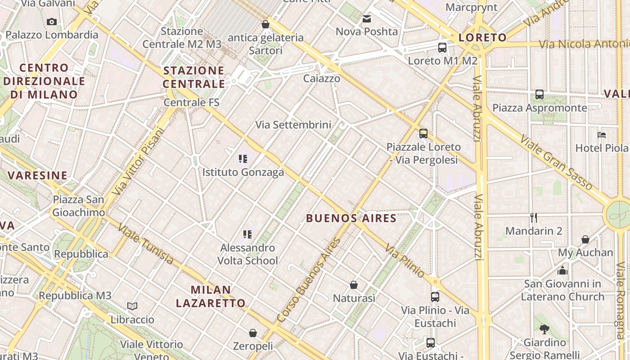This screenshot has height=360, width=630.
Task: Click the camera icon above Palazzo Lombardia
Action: coord(52,22)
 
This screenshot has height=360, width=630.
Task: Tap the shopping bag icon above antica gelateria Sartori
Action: coord(265,24)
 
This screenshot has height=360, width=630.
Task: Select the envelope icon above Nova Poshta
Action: coord(367,19)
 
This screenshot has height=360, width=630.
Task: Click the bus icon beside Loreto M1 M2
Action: coord(442,47)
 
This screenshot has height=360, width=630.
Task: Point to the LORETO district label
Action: coord(482,37)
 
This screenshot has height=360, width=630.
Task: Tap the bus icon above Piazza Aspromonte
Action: coord(540,94)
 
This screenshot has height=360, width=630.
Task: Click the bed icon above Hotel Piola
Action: coord(602,135)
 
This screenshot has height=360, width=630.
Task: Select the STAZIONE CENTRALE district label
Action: coord(193,77)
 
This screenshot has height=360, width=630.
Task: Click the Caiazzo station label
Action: coord(321,78)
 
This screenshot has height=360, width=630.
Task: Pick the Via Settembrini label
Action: coord(293,125)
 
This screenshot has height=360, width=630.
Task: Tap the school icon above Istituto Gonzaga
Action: coord(243,158)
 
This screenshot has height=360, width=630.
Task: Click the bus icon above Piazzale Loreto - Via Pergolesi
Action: coord(423,134)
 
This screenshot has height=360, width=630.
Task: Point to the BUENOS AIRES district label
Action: coord(351,219)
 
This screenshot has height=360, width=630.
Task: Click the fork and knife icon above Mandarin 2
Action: coord(534,218)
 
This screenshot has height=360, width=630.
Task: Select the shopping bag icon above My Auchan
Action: coord(585,239)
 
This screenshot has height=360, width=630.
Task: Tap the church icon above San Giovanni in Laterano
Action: coord(562,270)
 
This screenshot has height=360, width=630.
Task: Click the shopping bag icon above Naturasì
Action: coord(354,285)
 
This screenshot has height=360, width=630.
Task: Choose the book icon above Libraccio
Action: coord(132,306)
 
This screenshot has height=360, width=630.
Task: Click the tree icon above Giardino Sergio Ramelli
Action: coord(544,329)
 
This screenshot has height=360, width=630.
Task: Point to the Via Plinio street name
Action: coord(405,261)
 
